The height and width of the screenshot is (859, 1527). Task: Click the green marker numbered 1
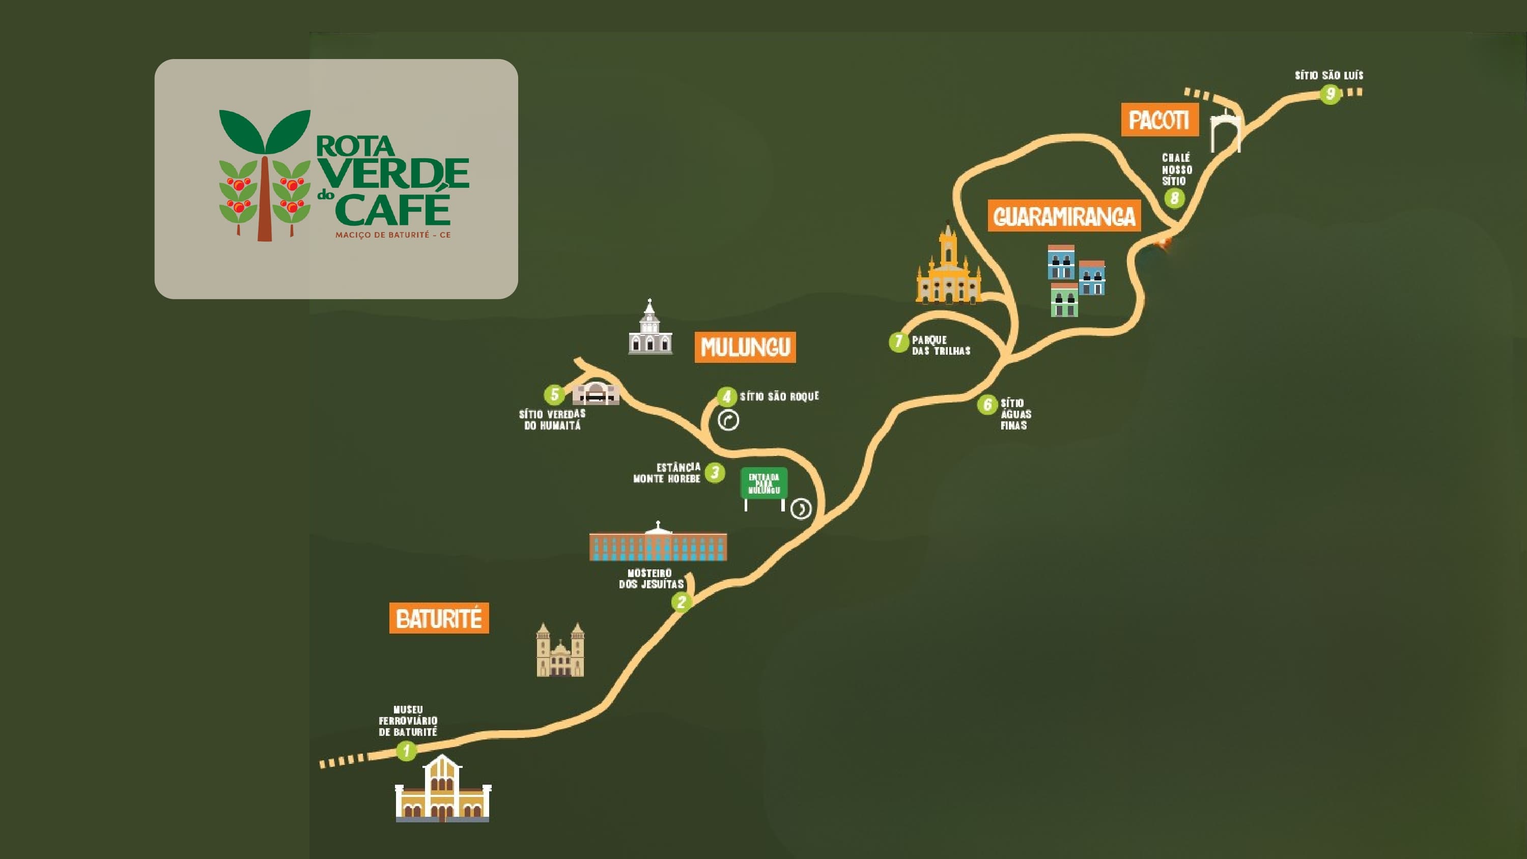406,751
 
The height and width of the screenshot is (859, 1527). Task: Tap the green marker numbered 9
1330,94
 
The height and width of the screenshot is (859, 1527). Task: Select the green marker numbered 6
987,405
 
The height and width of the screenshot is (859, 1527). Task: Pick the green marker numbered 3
715,472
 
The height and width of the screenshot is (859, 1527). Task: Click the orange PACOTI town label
1159,120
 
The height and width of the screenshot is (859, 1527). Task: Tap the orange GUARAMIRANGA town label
1064,216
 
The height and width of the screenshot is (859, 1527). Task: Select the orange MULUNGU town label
745,347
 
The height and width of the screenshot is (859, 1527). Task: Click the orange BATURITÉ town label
439,618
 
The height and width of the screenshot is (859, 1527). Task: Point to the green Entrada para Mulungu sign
764,484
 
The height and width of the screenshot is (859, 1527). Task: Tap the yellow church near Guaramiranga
948,268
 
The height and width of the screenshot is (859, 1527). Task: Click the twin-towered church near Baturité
560,651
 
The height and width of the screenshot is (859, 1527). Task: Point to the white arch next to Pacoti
1225,132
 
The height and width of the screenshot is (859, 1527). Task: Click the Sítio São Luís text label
1328,75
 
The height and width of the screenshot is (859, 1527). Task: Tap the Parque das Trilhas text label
940,345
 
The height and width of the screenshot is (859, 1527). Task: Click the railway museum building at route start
443,790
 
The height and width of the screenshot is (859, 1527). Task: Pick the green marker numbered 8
1174,197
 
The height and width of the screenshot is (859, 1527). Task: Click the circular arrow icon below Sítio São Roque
728,420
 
